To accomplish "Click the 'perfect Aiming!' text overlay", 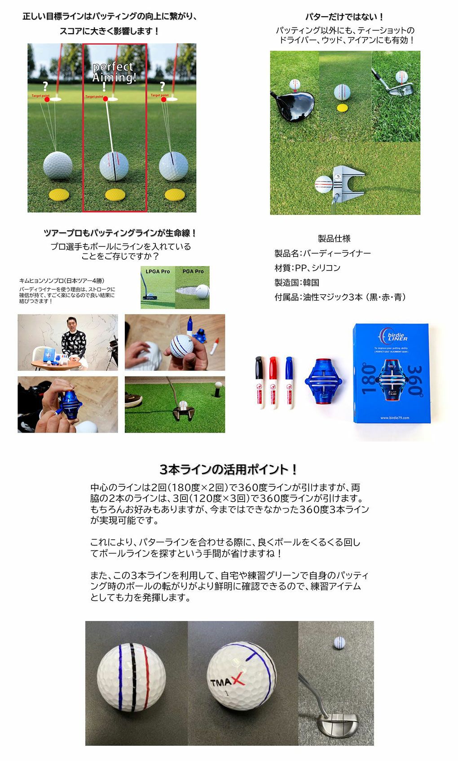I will [x=114, y=72].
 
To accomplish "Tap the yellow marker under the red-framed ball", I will [x=115, y=195].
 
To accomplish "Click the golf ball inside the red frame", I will [x=114, y=166].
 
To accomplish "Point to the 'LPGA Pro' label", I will [x=158, y=271].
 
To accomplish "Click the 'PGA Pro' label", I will [x=193, y=271].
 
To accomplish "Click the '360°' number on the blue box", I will [x=415, y=381].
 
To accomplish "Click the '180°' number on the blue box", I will [x=369, y=380].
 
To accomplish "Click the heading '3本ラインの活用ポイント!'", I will [x=229, y=469].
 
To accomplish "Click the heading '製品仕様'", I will [x=334, y=239].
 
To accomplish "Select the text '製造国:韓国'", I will [x=297, y=283].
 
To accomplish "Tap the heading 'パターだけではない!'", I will [x=344, y=17].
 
